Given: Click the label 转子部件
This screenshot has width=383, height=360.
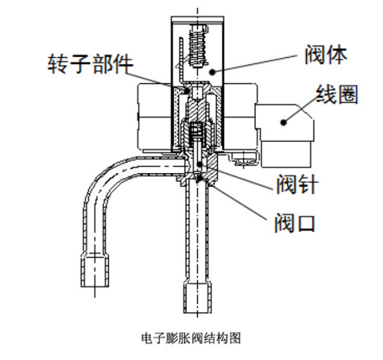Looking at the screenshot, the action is tap(90, 63).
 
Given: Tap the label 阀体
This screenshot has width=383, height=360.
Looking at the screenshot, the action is tap(326, 55).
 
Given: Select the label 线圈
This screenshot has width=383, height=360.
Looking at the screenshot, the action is tap(337, 94).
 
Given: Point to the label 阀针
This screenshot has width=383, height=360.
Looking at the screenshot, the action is tap(297, 183).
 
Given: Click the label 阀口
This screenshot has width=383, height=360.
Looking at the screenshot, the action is tap(295, 222).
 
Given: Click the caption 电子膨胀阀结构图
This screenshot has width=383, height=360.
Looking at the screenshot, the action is tap(191, 337).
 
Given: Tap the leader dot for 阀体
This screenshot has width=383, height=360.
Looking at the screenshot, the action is tap(212, 71).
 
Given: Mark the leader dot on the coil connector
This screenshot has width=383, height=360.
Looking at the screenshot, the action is tap(284, 122).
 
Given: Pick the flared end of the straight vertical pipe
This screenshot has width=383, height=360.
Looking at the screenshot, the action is tap(198, 297).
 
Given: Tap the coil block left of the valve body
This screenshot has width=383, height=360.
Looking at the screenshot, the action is tap(155, 117).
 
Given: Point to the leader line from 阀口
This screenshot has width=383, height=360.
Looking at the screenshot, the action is tap(239, 203).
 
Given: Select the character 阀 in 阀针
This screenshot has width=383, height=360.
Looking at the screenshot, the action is tap(286, 183).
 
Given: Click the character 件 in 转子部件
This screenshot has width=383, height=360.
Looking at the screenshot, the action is tap(123, 63).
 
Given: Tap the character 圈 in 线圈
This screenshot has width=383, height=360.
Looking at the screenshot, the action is tap(348, 94).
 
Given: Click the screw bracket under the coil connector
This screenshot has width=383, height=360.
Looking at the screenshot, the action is tap(244, 158).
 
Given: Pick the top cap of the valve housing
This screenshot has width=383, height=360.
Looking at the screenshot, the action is tap(197, 19).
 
